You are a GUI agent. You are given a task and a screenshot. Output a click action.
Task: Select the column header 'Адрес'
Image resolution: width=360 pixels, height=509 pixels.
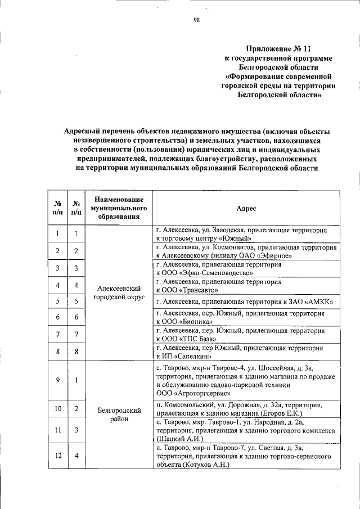coord(246,208)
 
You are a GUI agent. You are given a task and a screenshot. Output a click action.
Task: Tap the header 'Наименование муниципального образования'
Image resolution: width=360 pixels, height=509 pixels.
coord(118,208)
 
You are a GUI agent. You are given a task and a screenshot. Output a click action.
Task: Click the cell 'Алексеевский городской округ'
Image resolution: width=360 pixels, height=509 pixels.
coord(118,292)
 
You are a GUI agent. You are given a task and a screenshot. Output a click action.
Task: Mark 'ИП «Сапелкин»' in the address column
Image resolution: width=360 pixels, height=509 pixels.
coord(187,356)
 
